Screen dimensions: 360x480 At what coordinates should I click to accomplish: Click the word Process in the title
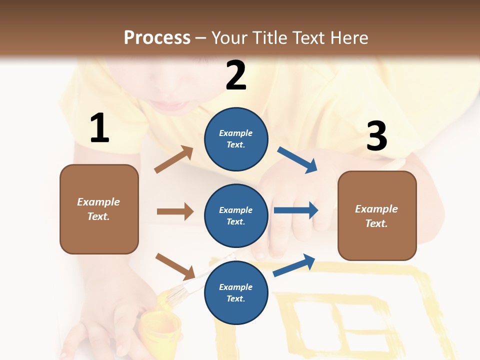tap(157, 37)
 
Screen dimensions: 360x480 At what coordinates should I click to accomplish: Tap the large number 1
tap(99, 128)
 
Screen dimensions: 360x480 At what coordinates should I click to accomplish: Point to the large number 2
tap(236, 75)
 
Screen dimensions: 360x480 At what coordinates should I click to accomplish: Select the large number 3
tap(376, 136)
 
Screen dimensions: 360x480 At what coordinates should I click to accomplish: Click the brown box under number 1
tap(99, 209)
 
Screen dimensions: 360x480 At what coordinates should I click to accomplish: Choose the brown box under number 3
tap(377, 215)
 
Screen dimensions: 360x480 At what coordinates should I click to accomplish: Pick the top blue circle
tap(236, 139)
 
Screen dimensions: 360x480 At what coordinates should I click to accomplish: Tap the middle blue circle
tap(236, 215)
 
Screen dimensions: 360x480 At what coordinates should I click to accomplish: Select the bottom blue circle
tap(236, 292)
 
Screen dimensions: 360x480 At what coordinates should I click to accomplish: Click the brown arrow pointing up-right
tap(174, 159)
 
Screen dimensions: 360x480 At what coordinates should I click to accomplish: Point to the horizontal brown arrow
tap(175, 211)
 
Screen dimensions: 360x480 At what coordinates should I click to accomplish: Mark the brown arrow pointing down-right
tap(175, 266)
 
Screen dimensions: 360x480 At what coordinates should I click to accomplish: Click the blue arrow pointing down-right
tap(297, 160)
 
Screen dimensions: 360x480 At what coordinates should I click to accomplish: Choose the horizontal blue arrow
tap(296, 210)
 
